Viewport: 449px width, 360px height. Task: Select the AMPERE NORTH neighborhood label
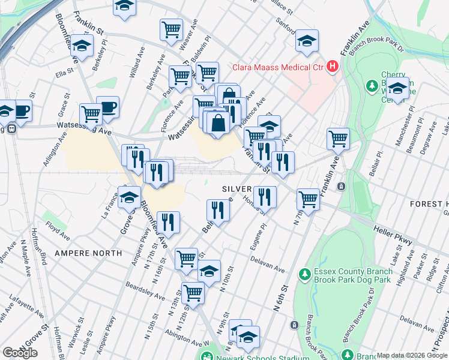[x=88, y=253]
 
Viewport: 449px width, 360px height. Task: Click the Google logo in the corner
[x=20, y=352]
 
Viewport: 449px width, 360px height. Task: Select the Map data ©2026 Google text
[x=412, y=356]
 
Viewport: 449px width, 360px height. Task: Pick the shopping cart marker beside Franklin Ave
[x=339, y=138]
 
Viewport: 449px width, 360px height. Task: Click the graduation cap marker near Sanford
[x=307, y=41]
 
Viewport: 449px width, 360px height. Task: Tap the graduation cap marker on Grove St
[x=129, y=197]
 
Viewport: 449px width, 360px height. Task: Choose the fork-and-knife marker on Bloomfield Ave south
[x=168, y=222]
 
